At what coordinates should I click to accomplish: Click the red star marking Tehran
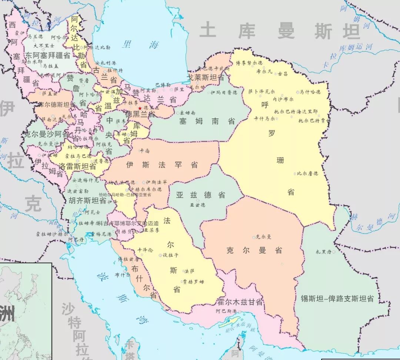[140, 108]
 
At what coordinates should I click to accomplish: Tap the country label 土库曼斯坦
[280, 31]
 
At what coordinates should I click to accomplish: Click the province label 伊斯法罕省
[162, 165]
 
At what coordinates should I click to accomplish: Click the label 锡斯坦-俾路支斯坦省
[337, 299]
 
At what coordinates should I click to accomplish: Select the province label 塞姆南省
[207, 121]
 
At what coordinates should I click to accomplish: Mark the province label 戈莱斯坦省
[206, 78]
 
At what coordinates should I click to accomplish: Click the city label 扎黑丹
[323, 252]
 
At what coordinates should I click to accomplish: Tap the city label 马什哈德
[310, 92]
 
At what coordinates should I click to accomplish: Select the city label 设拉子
[170, 255]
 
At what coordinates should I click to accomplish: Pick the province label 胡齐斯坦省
[87, 202]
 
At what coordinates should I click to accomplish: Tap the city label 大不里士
[44, 46]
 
